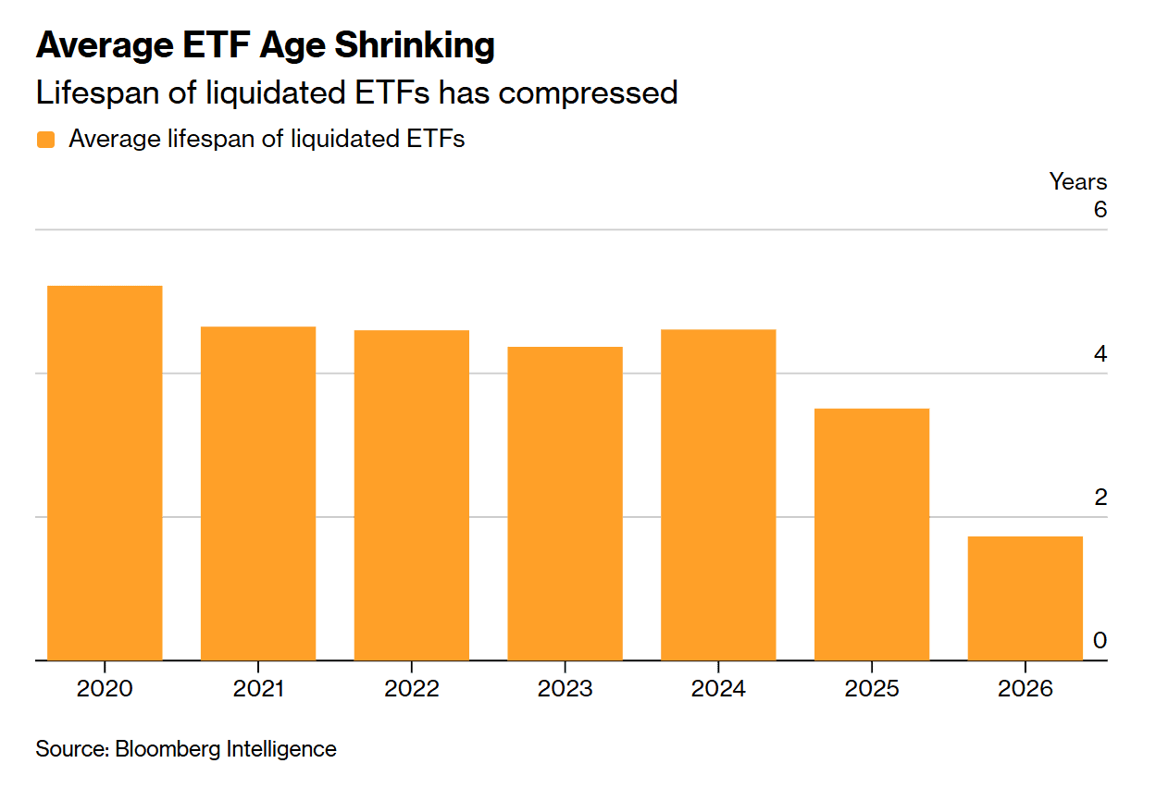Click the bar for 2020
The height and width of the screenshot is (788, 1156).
(105, 473)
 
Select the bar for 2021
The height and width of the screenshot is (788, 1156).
(258, 493)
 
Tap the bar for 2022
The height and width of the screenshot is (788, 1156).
(411, 495)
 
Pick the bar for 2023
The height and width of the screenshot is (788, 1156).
(565, 503)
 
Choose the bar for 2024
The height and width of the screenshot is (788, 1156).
(718, 495)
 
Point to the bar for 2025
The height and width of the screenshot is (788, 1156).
(872, 535)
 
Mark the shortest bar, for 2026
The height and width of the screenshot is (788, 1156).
(1025, 598)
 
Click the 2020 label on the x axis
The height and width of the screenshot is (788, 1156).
(105, 690)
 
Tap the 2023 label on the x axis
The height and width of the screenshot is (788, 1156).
(565, 690)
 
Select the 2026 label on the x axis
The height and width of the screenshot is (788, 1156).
(1025, 690)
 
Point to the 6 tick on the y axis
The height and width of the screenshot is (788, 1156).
(1100, 210)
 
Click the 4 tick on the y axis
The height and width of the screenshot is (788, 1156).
(1100, 354)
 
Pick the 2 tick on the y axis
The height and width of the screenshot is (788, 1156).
(1100, 498)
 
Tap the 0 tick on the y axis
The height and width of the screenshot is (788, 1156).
(1100, 641)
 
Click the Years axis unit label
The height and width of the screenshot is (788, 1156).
(1077, 181)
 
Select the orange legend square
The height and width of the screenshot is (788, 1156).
(45, 140)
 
